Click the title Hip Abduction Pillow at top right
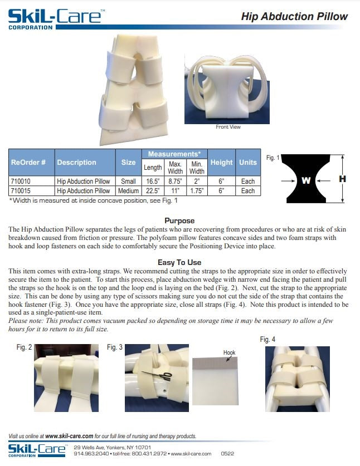(x=294, y=16)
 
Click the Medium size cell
(x=129, y=191)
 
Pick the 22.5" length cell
(x=153, y=191)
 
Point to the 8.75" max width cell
(x=176, y=182)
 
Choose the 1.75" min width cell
(x=197, y=191)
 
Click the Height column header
(x=221, y=163)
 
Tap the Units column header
(x=247, y=163)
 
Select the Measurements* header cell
(x=174, y=154)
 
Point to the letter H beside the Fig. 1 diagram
(x=343, y=179)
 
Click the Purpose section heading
(x=179, y=220)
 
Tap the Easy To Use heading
(x=179, y=262)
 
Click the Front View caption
(x=228, y=127)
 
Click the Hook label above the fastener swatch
(x=229, y=352)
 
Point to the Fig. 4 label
(x=267, y=339)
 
